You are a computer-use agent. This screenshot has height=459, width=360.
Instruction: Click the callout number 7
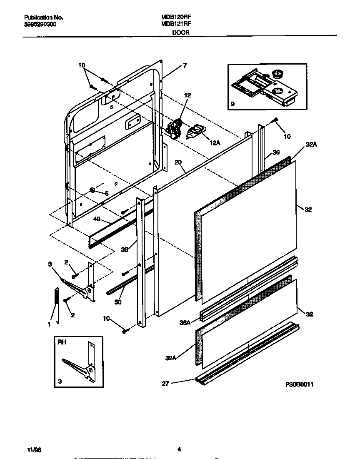pyautogui.click(x=185, y=65)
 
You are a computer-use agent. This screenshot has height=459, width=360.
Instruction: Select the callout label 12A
pyautogui.click(x=215, y=143)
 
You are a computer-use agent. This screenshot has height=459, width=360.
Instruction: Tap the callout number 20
pyautogui.click(x=179, y=163)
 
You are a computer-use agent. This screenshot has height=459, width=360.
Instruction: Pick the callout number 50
pyautogui.click(x=118, y=302)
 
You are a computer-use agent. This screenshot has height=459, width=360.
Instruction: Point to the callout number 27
pyautogui.click(x=165, y=384)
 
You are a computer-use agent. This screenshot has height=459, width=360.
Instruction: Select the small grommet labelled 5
pyautogui.click(x=92, y=191)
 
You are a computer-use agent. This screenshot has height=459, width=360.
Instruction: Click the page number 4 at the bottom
pyautogui.click(x=179, y=449)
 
